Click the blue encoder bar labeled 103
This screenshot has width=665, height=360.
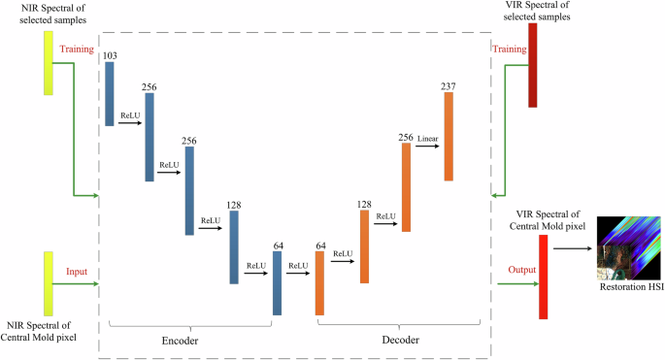[x=109, y=94]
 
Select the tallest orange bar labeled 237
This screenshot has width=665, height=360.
[x=449, y=138]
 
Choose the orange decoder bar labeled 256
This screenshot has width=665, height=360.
[x=406, y=188]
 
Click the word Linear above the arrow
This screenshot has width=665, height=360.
[x=427, y=139]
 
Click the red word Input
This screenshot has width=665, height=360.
[x=78, y=273]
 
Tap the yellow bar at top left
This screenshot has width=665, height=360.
[x=48, y=62]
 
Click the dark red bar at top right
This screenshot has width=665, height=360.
[x=532, y=66]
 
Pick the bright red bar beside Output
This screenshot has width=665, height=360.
[x=543, y=282]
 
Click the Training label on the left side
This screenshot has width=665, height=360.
[x=78, y=48]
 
